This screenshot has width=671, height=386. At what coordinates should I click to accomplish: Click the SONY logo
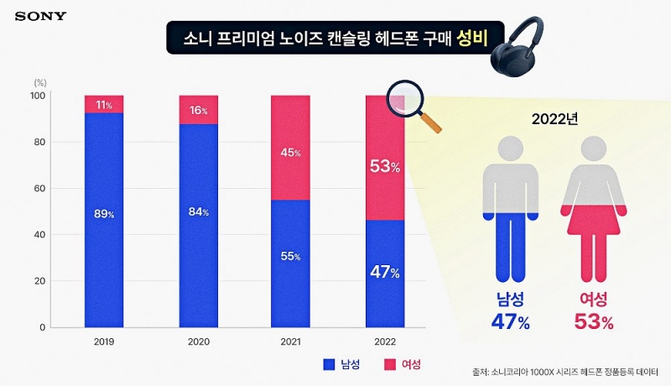click(41, 16)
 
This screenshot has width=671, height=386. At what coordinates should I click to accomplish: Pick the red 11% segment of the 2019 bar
click(104, 104)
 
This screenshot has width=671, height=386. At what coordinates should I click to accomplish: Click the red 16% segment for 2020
click(198, 110)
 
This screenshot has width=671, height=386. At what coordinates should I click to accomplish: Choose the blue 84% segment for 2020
click(198, 225)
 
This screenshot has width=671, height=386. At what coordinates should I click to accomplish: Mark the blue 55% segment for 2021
click(291, 263)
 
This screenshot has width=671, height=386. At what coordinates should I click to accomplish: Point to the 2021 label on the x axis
click(291, 342)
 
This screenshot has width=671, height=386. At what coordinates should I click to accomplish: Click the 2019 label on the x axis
click(104, 342)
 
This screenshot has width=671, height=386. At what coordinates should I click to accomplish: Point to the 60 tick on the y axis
click(38, 189)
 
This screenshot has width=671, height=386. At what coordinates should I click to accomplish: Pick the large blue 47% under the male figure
click(510, 321)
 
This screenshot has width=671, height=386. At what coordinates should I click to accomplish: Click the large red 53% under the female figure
click(594, 321)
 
